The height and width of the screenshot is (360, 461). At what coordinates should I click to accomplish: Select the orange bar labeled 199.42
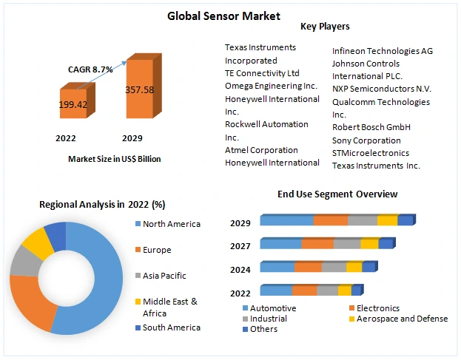pos(73,104)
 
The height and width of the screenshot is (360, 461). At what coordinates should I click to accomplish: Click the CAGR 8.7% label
pos(91,69)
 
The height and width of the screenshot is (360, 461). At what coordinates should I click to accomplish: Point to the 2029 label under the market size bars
pos(132,138)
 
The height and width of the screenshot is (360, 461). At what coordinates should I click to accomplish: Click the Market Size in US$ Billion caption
pos(114,159)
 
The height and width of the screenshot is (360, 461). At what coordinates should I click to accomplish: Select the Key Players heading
pos(325,27)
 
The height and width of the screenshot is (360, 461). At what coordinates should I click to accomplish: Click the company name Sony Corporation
pos(366,140)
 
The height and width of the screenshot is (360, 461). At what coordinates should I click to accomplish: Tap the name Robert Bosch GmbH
pos(371,127)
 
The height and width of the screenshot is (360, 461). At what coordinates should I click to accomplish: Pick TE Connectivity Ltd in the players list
pos(262,73)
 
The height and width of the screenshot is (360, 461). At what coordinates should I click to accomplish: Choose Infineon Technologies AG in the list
pos(382,51)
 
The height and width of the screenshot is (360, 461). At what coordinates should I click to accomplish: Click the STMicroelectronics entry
pos(370,153)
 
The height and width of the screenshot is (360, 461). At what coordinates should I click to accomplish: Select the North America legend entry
pos(171,224)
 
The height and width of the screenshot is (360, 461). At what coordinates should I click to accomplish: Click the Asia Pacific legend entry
pos(164,276)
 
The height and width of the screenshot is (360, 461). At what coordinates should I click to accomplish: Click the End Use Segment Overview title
pos(337,194)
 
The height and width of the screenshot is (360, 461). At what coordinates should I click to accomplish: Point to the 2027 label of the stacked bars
pos(240,245)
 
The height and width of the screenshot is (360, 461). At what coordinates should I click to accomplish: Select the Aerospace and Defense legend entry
pos(402,319)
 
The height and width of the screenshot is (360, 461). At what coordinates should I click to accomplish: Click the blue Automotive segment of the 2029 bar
pos(286,221)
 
